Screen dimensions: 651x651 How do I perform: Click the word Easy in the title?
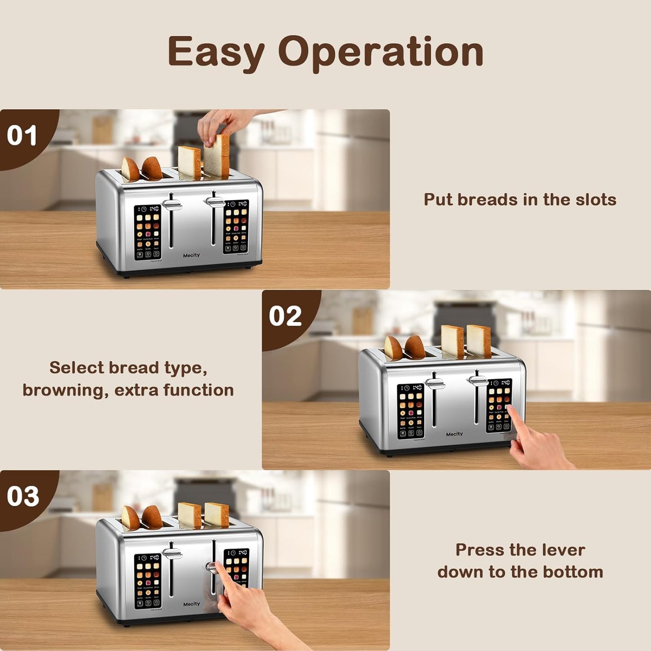tap(216, 53)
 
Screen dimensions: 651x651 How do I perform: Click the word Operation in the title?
tap(381, 53)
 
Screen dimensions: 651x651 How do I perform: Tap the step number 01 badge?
tap(22, 136)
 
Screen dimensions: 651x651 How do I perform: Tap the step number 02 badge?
tap(285, 316)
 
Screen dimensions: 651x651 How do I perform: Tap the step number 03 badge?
tap(23, 496)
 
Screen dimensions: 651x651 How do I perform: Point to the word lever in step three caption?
tap(563, 550)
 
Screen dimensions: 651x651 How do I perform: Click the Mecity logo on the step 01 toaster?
tap(191, 255)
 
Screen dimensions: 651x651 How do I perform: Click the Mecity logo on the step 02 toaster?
tap(454, 434)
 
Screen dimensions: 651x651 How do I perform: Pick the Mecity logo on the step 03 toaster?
tap(191, 604)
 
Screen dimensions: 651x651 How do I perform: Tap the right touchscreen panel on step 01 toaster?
tap(236, 227)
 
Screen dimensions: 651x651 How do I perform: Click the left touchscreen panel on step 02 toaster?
tap(410, 411)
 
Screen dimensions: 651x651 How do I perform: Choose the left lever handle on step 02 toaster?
tap(435, 383)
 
